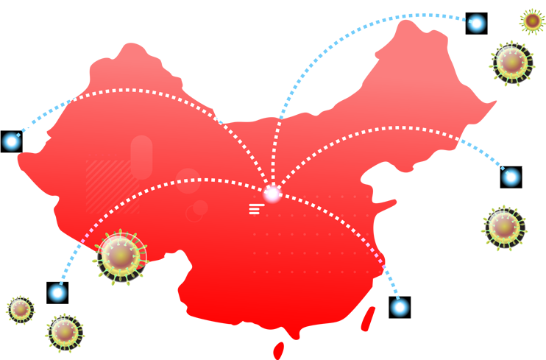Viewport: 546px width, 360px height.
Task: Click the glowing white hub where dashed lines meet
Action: point(272,194)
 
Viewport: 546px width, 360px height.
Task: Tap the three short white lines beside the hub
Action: point(255,208)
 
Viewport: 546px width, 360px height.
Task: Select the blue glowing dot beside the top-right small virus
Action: point(476,24)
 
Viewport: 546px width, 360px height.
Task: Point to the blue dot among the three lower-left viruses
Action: point(57,292)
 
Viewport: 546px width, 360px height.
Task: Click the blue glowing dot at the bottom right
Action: point(400,306)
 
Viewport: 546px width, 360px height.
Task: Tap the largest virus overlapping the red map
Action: point(121,255)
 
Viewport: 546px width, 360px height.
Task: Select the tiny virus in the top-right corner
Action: point(532,21)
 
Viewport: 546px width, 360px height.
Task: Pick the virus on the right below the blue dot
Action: point(506,227)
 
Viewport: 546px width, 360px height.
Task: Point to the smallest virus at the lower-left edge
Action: point(21,309)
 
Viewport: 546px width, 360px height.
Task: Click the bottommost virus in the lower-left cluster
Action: point(65,331)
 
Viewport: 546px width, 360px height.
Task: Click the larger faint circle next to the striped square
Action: point(188,180)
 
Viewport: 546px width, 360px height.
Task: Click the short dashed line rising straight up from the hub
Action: point(279,147)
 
